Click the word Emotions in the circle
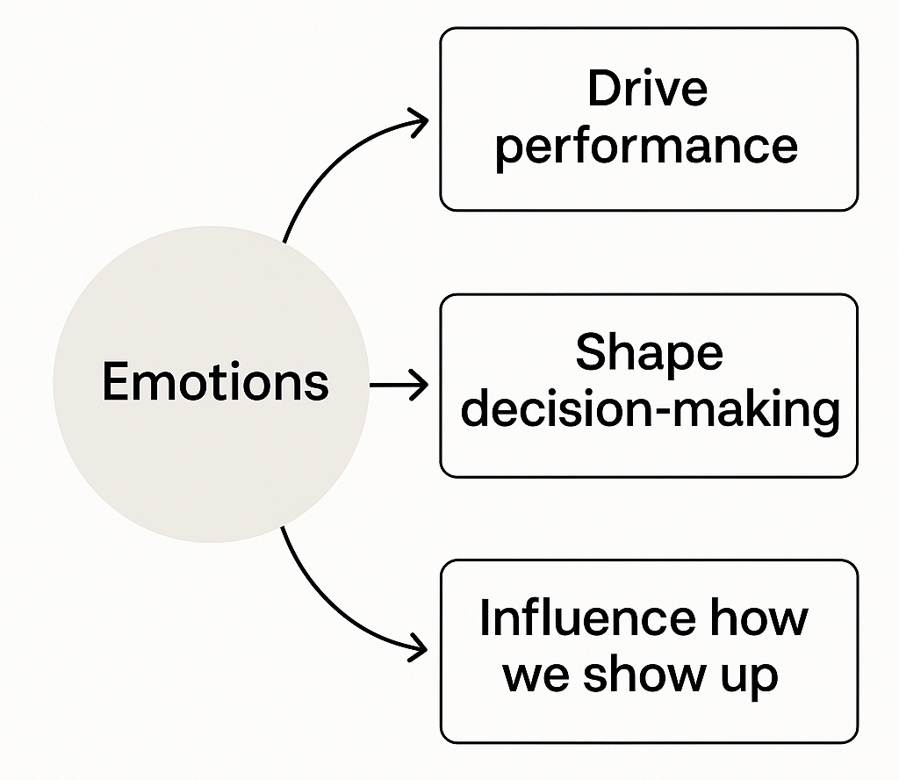coord(215,382)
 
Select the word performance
coord(648,146)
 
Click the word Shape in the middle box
coord(649,354)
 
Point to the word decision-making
coord(650,409)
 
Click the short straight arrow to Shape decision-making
coord(398,385)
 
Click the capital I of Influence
coord(485,618)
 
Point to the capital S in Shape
coord(592,354)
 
